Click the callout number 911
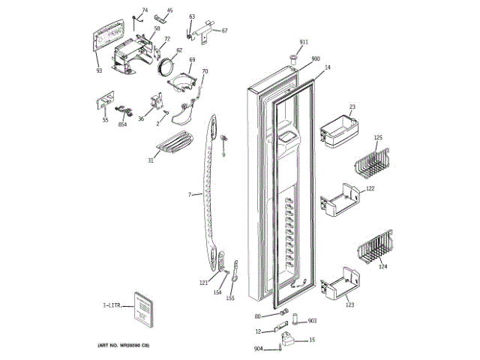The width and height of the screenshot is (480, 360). [x=304, y=41]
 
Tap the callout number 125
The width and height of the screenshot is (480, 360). [x=378, y=138]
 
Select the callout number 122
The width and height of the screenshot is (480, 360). [x=370, y=189]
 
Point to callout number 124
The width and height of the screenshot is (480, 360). [x=382, y=266]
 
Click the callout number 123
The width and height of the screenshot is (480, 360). [x=349, y=305]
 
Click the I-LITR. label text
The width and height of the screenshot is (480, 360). [x=113, y=307]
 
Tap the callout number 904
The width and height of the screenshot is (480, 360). [x=259, y=349]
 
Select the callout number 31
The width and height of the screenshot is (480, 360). [x=151, y=160]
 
